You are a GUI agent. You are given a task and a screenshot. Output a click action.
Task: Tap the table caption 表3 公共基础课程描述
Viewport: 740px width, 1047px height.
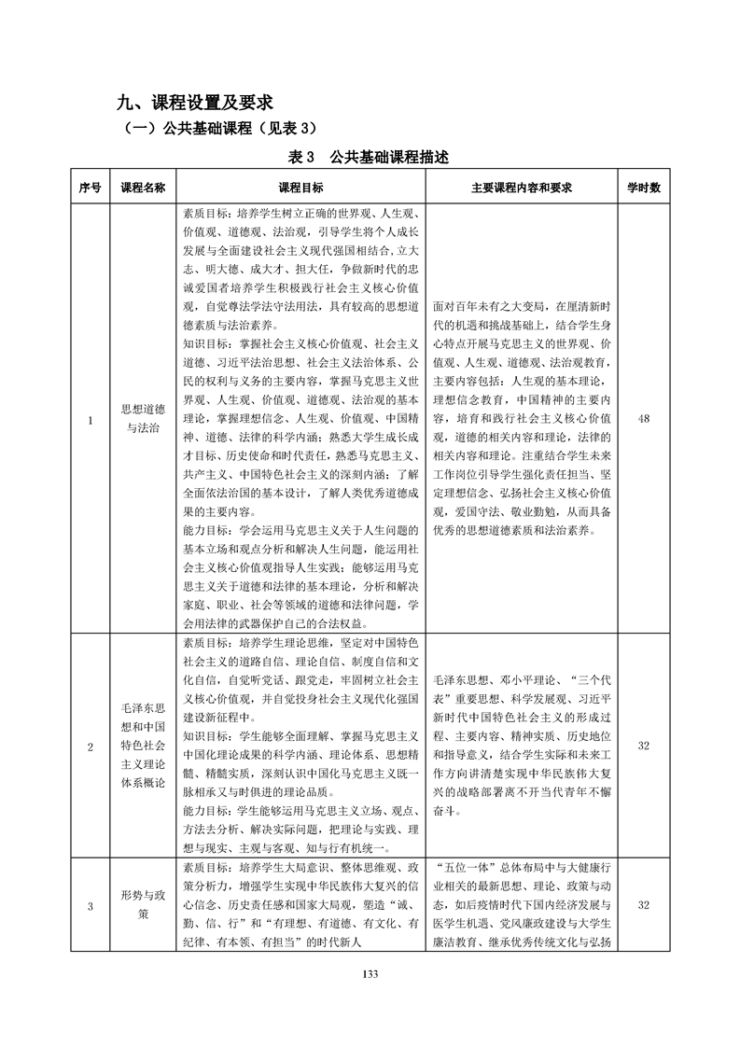(370, 157)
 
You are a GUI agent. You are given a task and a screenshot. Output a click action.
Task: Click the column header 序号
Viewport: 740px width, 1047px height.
(90, 187)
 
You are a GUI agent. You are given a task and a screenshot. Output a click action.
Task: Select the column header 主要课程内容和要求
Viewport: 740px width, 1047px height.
(522, 187)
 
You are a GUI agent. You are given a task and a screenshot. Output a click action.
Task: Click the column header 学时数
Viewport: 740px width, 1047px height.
(643, 187)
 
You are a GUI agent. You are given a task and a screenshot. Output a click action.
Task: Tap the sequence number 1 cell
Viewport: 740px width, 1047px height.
(90, 419)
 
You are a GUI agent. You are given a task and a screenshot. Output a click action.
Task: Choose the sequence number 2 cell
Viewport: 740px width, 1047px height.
(90, 747)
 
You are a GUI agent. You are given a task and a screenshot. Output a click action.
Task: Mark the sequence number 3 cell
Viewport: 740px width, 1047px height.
(90, 905)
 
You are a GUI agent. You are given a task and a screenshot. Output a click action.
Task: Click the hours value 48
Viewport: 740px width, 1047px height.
(643, 419)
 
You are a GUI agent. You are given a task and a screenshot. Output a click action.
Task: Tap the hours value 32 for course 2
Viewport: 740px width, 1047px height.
(643, 747)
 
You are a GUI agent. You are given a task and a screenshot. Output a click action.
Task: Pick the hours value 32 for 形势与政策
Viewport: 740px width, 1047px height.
(643, 905)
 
